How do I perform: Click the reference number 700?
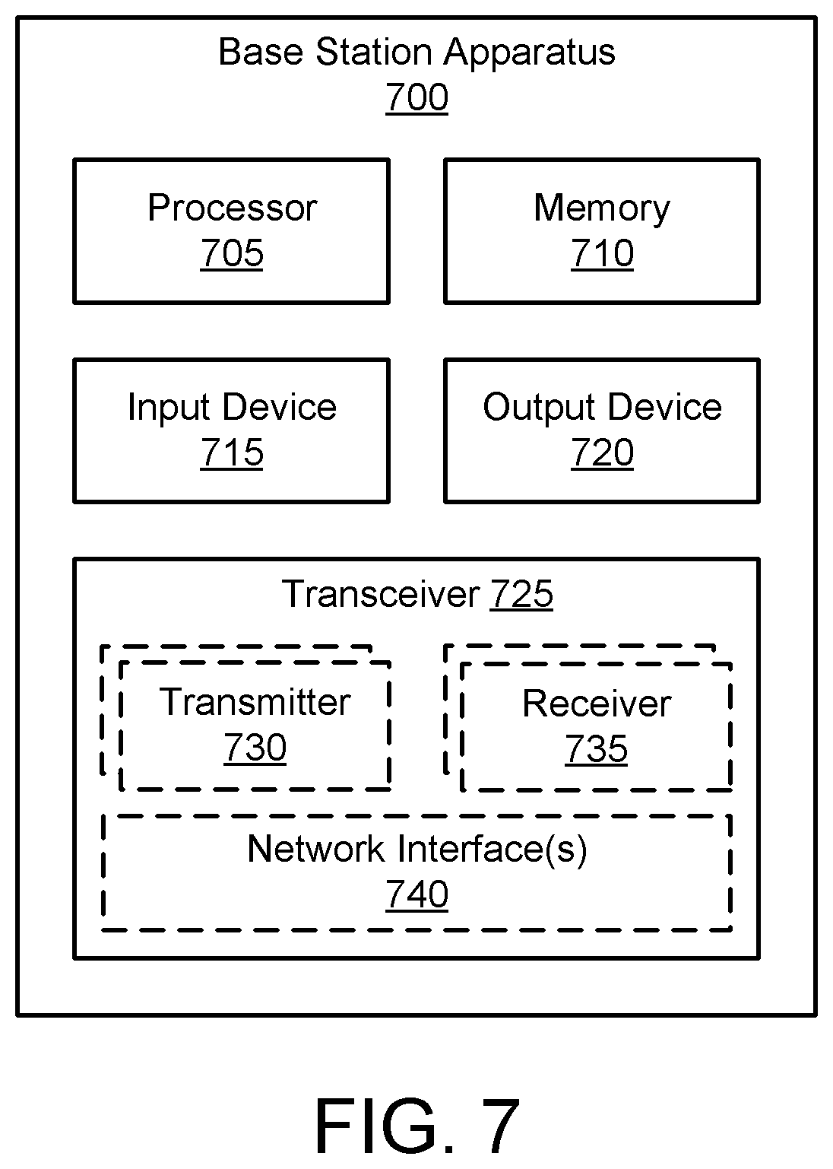[416, 97]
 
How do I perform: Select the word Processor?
[232, 208]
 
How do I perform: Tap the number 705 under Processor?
[232, 253]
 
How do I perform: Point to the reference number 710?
[602, 253]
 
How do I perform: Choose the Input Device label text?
[232, 407]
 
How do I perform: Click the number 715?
[232, 453]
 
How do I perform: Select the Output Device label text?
[602, 407]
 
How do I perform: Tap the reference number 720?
[602, 453]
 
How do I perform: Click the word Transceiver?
[381, 594]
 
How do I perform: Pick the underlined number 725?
[521, 594]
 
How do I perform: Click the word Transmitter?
[255, 702]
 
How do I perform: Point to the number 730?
[255, 748]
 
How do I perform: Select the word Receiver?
[597, 704]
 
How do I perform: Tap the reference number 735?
[596, 749]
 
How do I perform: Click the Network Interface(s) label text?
[416, 850]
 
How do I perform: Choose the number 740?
[416, 894]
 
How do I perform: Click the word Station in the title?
[374, 52]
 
